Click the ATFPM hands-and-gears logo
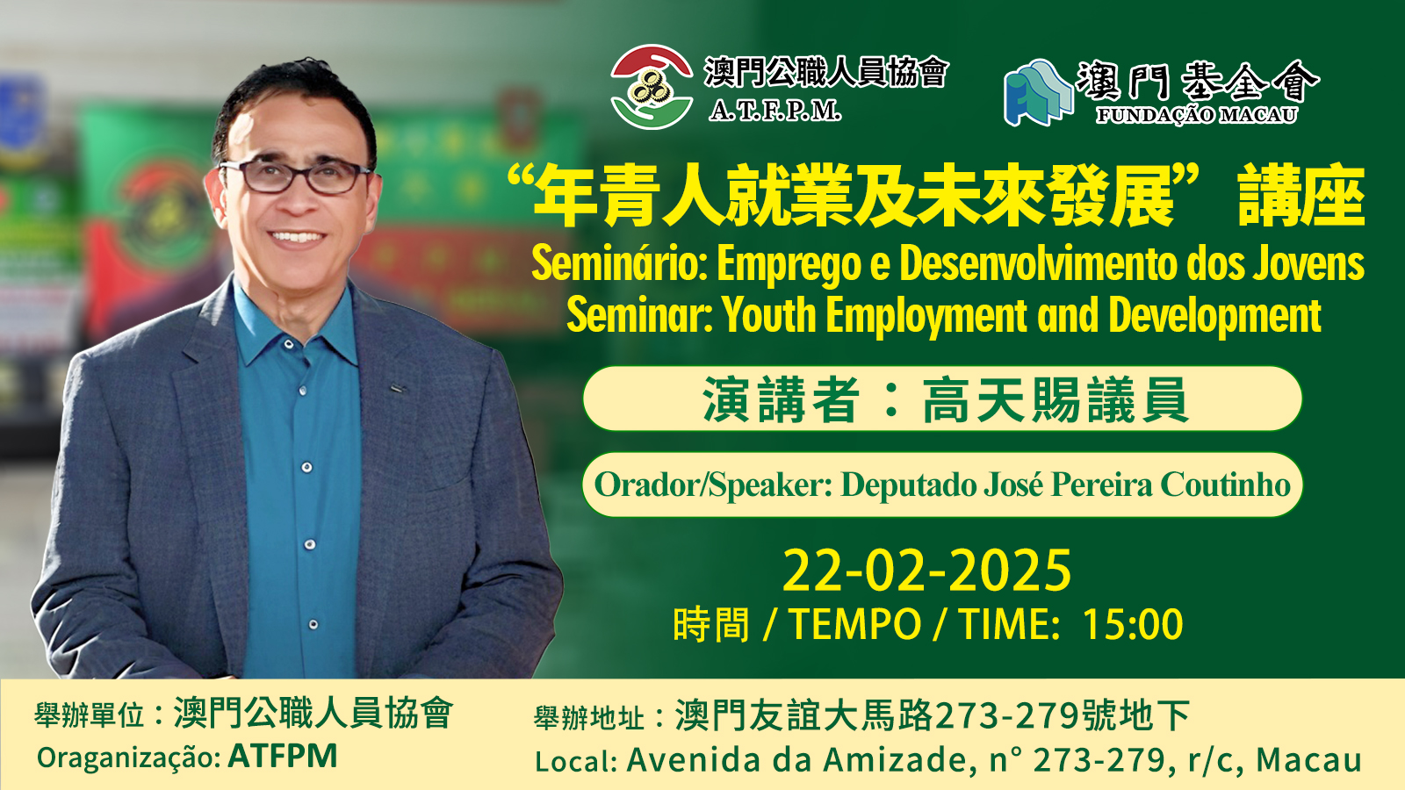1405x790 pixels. click(x=652, y=87)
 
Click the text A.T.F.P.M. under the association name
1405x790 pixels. click(x=775, y=111)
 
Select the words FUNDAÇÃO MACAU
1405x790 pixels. click(x=1197, y=115)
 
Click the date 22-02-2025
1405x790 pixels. click(x=926, y=570)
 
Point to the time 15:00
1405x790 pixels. click(x=1132, y=624)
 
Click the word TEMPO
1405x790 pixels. click(x=855, y=624)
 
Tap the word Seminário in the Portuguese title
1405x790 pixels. click(x=618, y=264)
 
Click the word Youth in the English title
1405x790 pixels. click(x=768, y=315)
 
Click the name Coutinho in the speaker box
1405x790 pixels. click(x=1225, y=485)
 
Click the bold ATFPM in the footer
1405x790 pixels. click(x=282, y=756)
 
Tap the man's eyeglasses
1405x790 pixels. click(x=296, y=175)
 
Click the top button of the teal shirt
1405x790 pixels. click(x=289, y=344)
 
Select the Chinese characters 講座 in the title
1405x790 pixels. click(x=1301, y=196)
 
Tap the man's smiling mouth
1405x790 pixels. click(x=296, y=238)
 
